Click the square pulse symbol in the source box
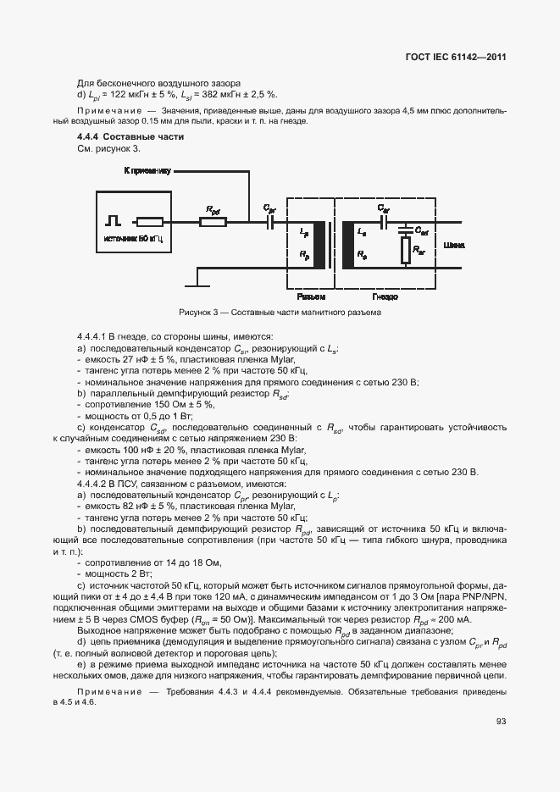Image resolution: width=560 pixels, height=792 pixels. coord(113,222)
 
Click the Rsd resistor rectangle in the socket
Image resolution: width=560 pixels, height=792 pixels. coord(405,249)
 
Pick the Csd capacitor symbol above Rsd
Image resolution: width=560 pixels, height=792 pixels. coord(405,230)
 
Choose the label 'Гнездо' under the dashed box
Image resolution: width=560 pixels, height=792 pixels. coord(385,297)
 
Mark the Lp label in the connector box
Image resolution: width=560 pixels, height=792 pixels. coord(302,231)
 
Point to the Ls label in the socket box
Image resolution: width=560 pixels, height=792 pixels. coord(362,231)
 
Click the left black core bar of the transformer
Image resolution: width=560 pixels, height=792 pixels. coord(319,246)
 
